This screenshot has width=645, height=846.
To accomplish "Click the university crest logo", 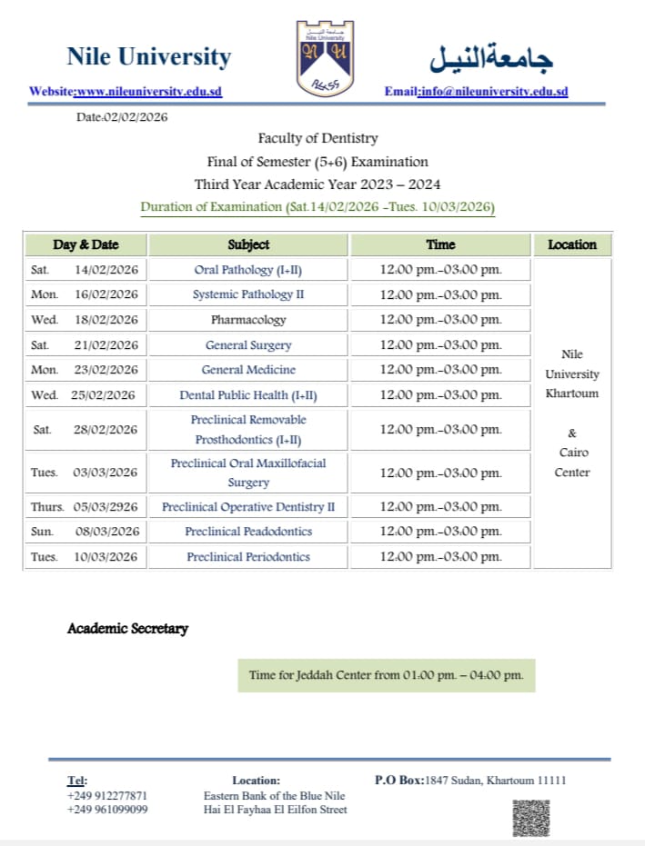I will tap(322, 58).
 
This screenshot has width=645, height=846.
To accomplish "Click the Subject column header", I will tap(248, 244).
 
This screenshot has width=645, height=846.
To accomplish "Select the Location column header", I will tap(572, 244).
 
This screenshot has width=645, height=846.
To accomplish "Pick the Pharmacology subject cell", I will tap(248, 320).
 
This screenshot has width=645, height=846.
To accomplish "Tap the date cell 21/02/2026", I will tap(106, 345).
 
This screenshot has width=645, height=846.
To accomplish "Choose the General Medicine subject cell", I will tap(248, 370).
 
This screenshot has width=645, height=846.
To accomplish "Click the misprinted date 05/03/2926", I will tap(107, 507).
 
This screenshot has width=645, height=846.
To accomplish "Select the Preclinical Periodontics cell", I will tap(248, 557).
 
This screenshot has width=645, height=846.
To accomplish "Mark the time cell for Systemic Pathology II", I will tap(441, 294).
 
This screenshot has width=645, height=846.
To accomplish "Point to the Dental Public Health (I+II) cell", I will tap(248, 395).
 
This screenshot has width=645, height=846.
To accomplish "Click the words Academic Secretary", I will tap(127, 629).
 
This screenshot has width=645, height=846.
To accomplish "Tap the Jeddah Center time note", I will tap(387, 675).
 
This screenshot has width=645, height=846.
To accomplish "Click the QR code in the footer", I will tap(531, 817).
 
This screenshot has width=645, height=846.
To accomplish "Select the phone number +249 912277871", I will tap(107, 795).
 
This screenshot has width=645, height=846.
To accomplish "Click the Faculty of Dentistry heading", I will tap(317, 139).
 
